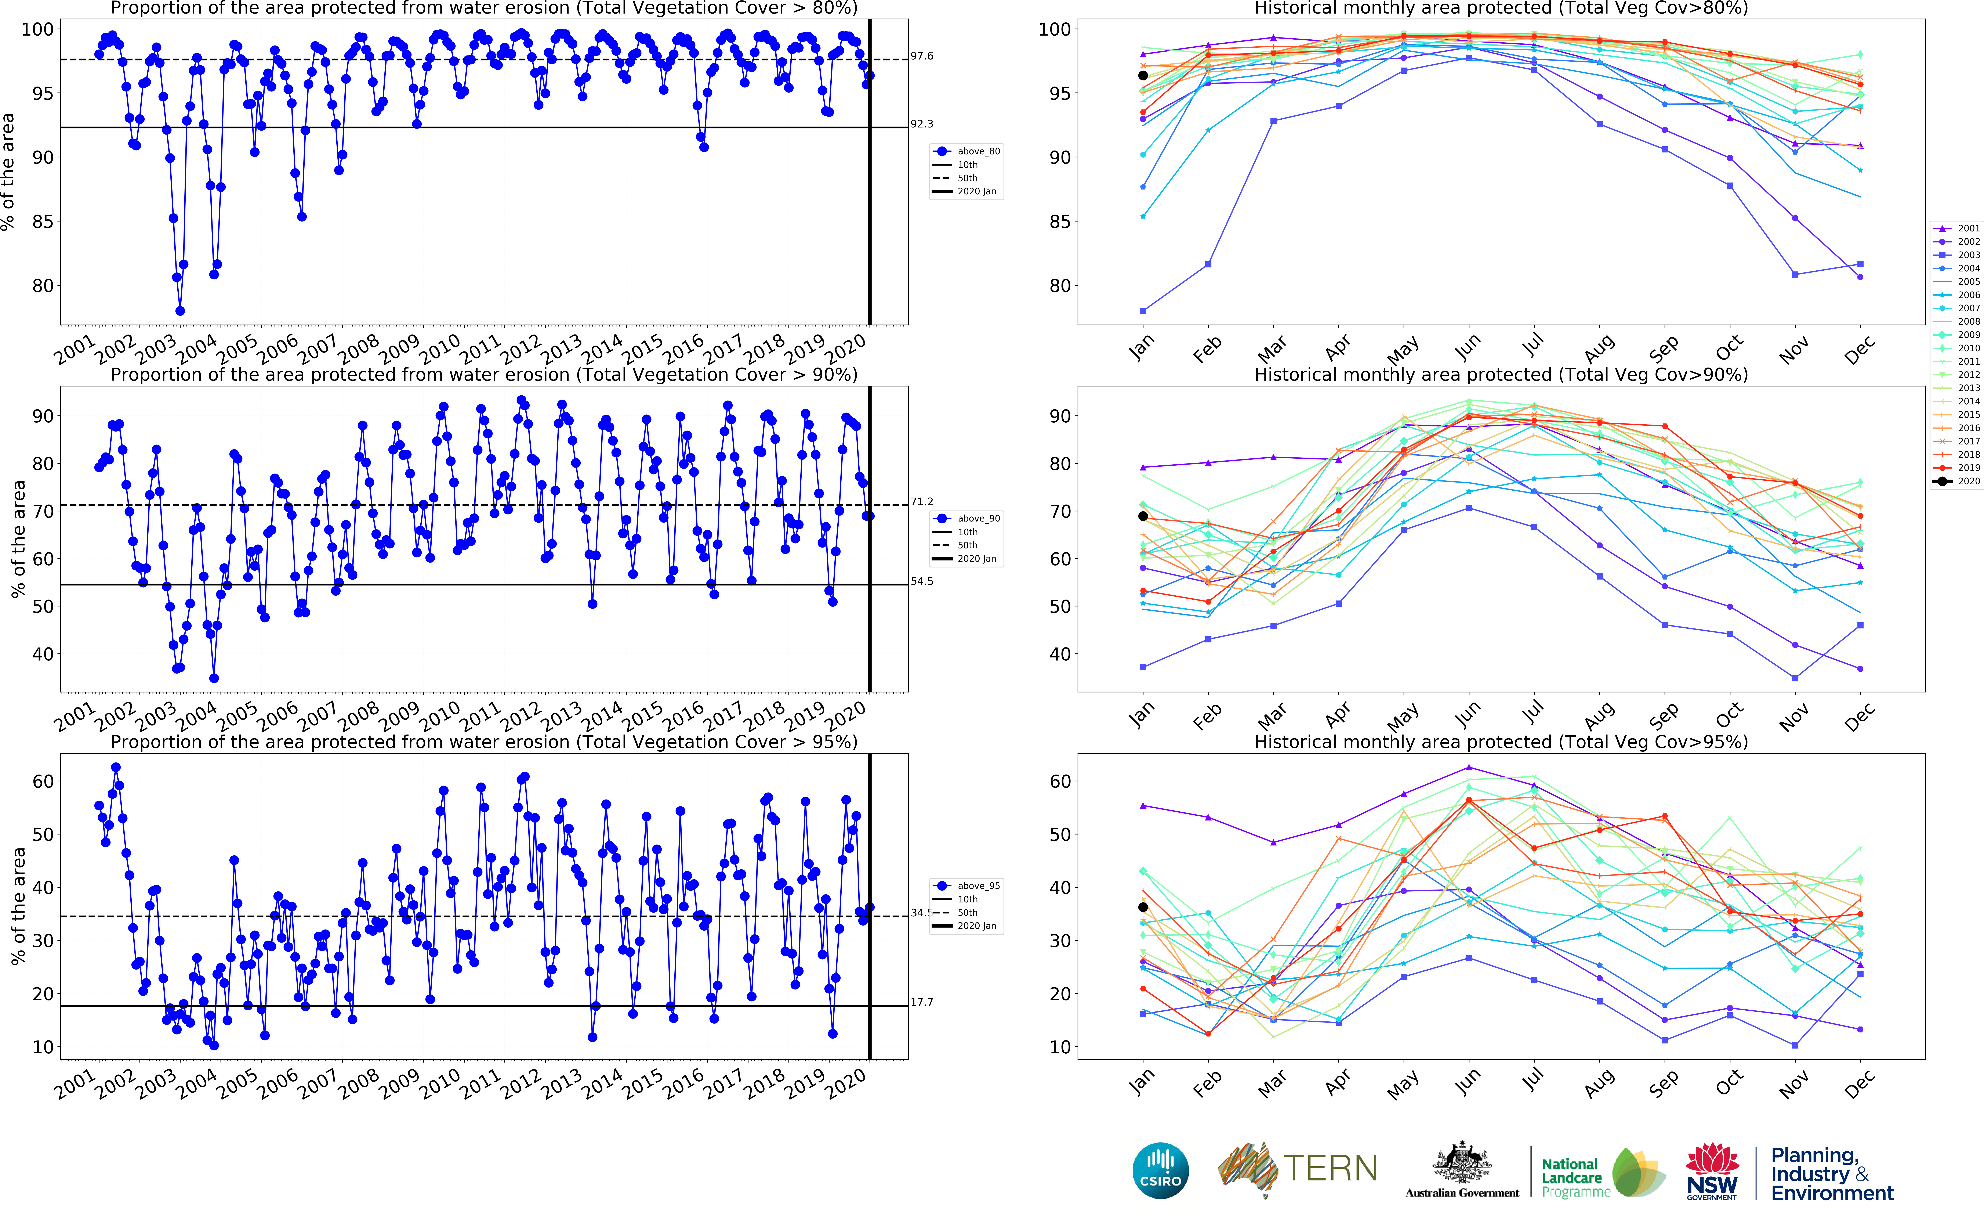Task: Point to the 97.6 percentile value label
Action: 922,56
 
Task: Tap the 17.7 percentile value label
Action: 922,1002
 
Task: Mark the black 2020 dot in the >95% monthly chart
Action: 1142,908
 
